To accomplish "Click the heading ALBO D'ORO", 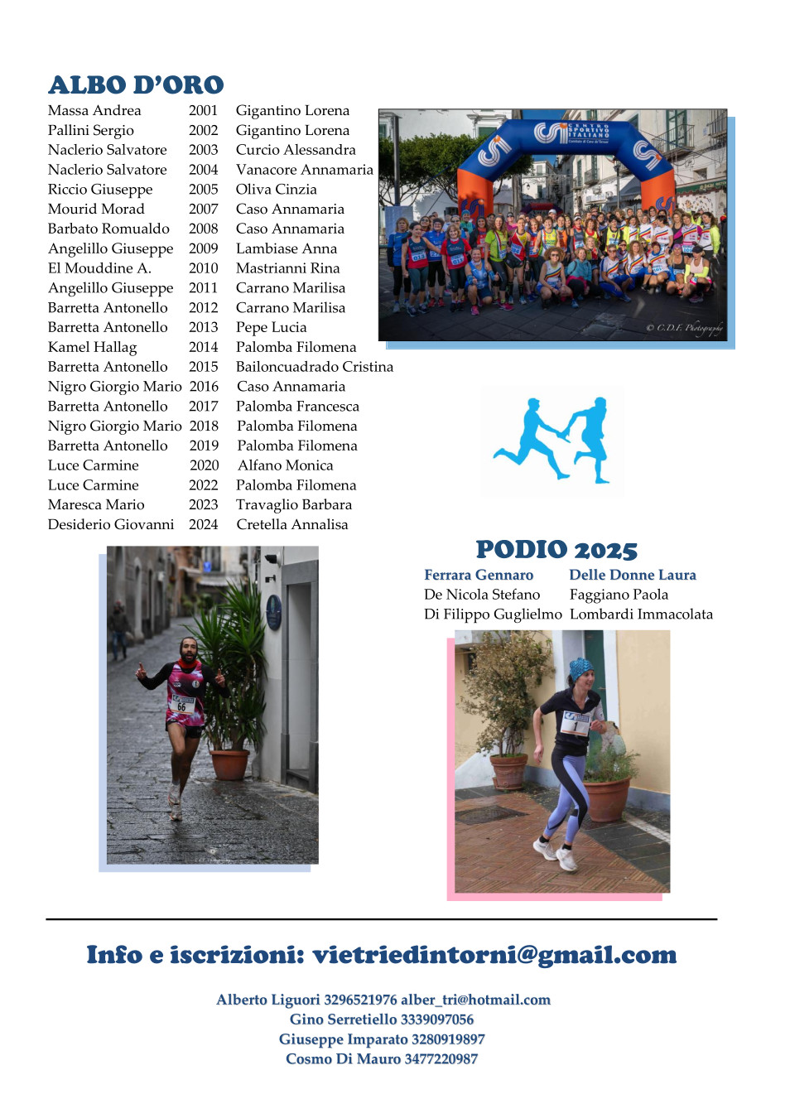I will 136,85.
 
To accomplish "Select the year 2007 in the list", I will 203,209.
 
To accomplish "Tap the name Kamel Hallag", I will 92,347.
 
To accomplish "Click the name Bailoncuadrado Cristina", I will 314,367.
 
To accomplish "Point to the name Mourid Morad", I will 96,209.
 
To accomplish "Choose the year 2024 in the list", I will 203,524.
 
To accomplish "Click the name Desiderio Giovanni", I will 111,524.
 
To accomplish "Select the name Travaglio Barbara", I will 293,504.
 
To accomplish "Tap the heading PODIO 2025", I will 556,550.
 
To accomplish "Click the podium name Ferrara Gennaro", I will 479,575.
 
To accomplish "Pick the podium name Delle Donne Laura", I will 632,575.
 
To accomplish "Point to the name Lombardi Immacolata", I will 641,614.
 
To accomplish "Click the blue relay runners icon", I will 552,440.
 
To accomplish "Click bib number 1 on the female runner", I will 575,725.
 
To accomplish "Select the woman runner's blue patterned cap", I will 580,668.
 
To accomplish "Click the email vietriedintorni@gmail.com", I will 494,955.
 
